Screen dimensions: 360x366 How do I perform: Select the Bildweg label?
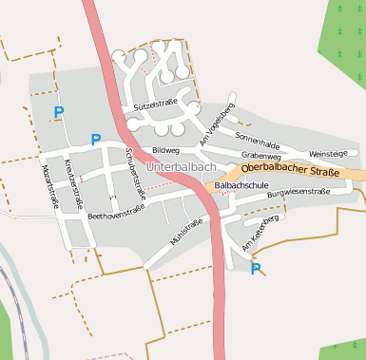pos(165,150)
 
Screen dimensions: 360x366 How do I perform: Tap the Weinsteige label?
pos(329,152)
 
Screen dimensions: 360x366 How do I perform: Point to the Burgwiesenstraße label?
pos(298,193)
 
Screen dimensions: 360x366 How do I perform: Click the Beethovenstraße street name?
pos(115,214)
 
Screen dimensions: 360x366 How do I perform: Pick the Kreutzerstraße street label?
pos(73,184)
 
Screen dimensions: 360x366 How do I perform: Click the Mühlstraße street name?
pos(186,232)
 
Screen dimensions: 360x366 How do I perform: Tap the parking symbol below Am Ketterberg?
pos(255,269)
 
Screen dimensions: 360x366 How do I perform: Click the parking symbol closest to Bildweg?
pos(95,140)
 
